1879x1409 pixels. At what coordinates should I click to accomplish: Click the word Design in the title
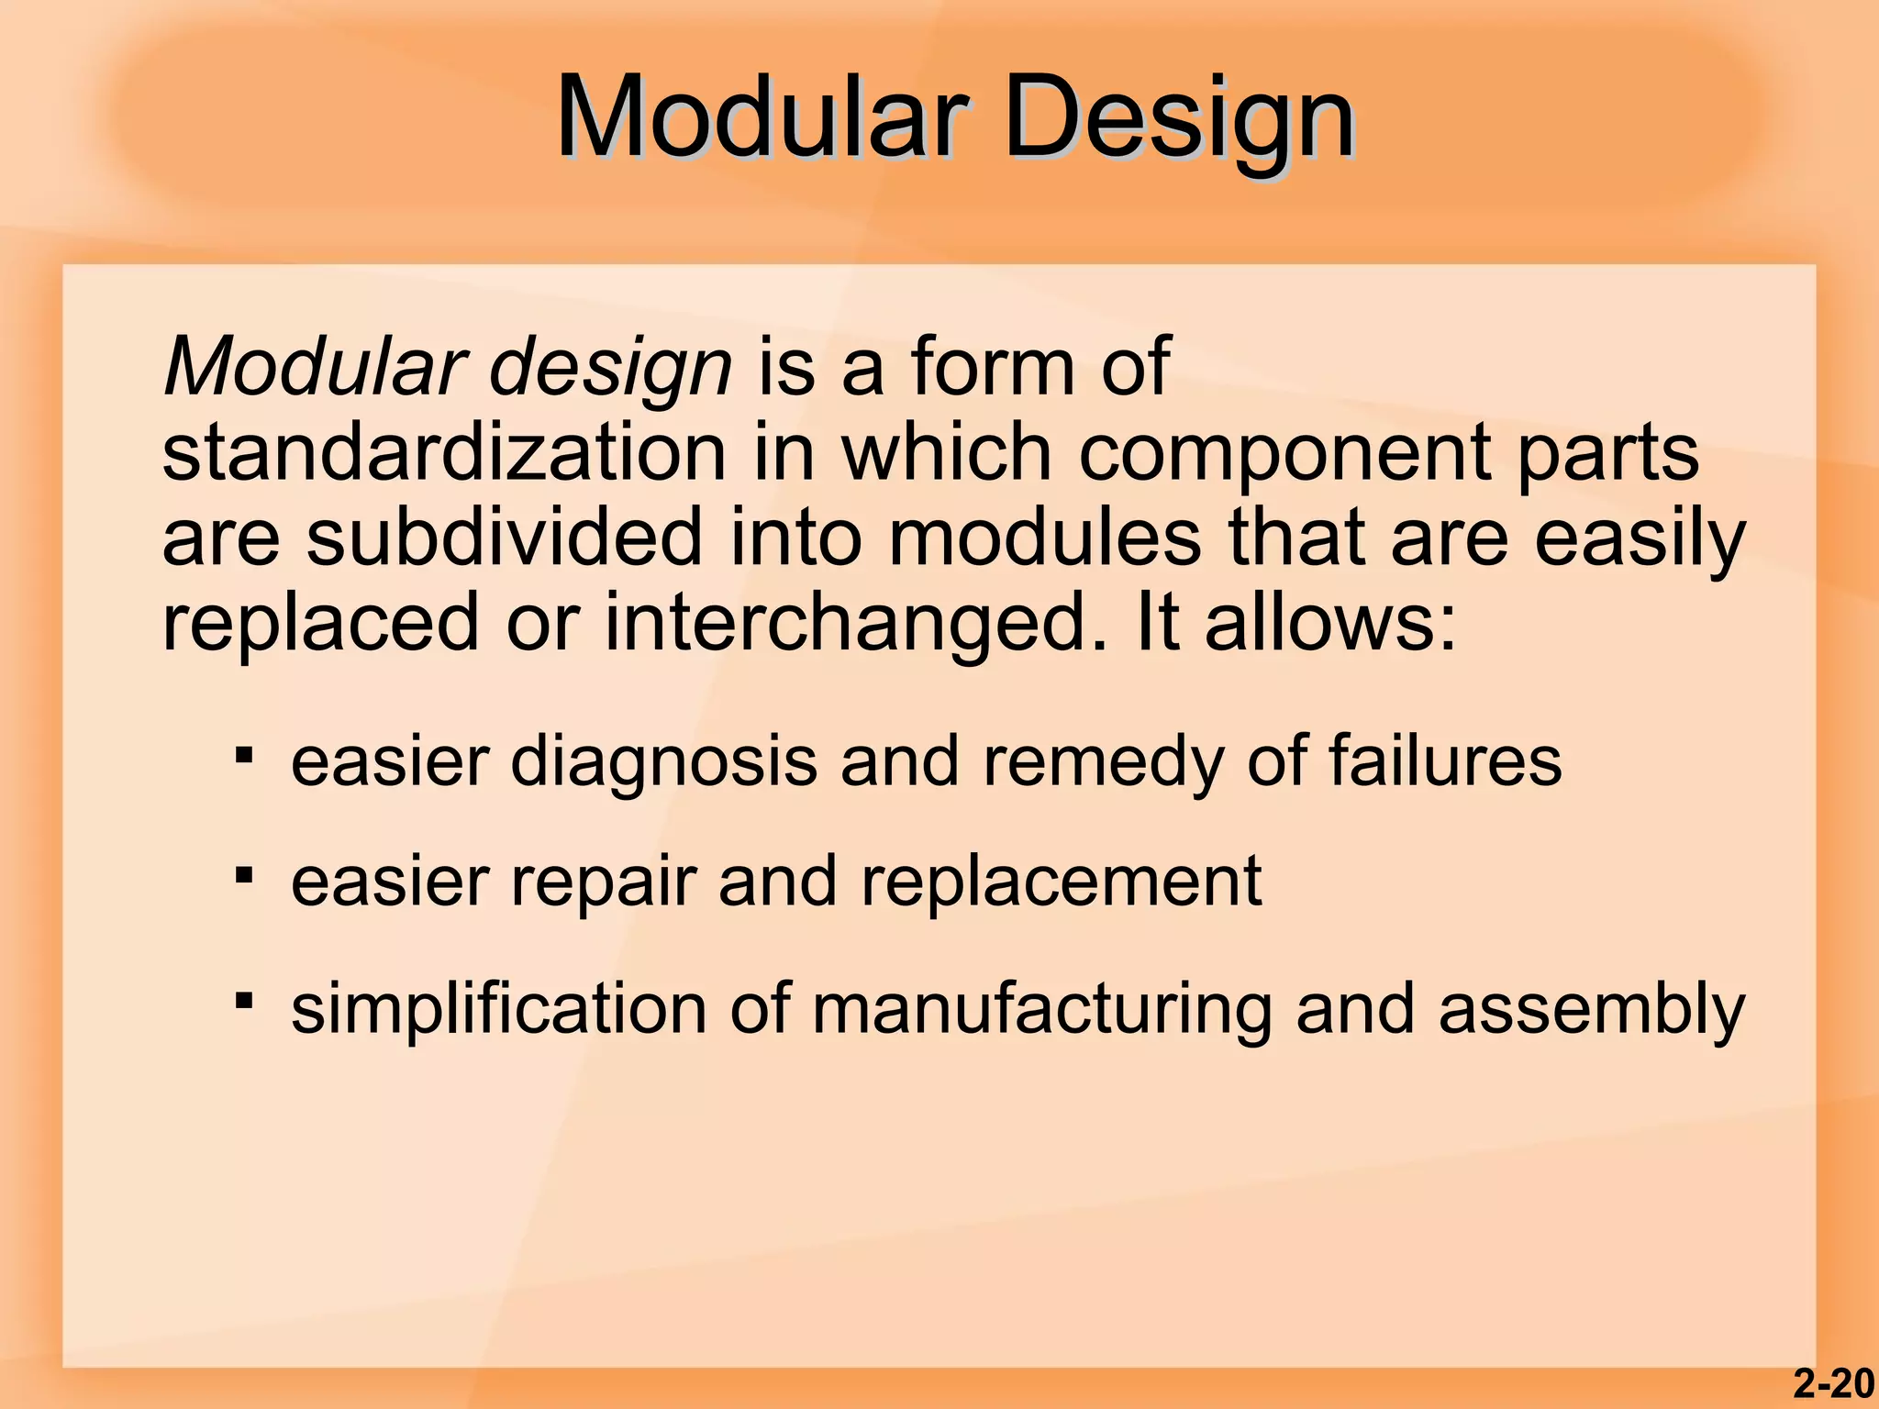1179,117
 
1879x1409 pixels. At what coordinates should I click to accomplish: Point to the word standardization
444,453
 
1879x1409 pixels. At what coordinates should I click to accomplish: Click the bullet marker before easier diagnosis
243,756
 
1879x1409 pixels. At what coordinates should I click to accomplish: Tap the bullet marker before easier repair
243,875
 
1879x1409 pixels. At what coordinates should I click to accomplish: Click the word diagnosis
662,761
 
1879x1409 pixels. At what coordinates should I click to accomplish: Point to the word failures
1445,761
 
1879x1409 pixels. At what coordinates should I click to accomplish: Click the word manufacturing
1040,1009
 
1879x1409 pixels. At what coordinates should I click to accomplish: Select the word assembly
1591,1009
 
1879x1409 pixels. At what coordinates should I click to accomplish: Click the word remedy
1102,761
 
